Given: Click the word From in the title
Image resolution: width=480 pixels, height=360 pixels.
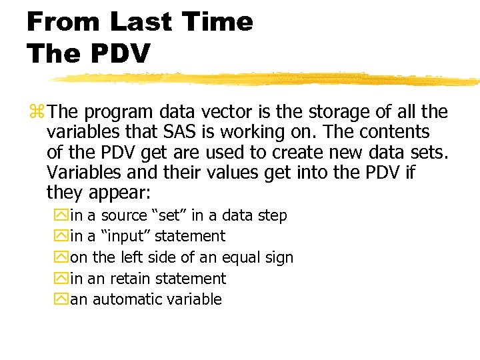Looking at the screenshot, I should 64,22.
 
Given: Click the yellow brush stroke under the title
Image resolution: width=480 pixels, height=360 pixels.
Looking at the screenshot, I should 267,79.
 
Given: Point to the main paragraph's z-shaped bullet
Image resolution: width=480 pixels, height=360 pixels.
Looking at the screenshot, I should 36,112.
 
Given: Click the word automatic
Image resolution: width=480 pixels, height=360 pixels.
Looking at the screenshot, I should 126,299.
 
